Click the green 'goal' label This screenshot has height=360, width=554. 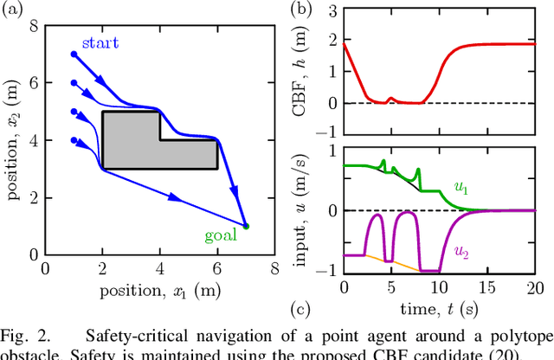click(x=222, y=235)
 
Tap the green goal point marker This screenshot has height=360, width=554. click(x=245, y=227)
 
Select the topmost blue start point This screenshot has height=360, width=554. click(x=74, y=54)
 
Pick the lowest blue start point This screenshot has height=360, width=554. click(x=74, y=140)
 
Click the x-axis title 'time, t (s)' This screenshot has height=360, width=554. click(x=440, y=309)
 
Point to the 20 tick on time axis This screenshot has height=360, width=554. click(x=535, y=287)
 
